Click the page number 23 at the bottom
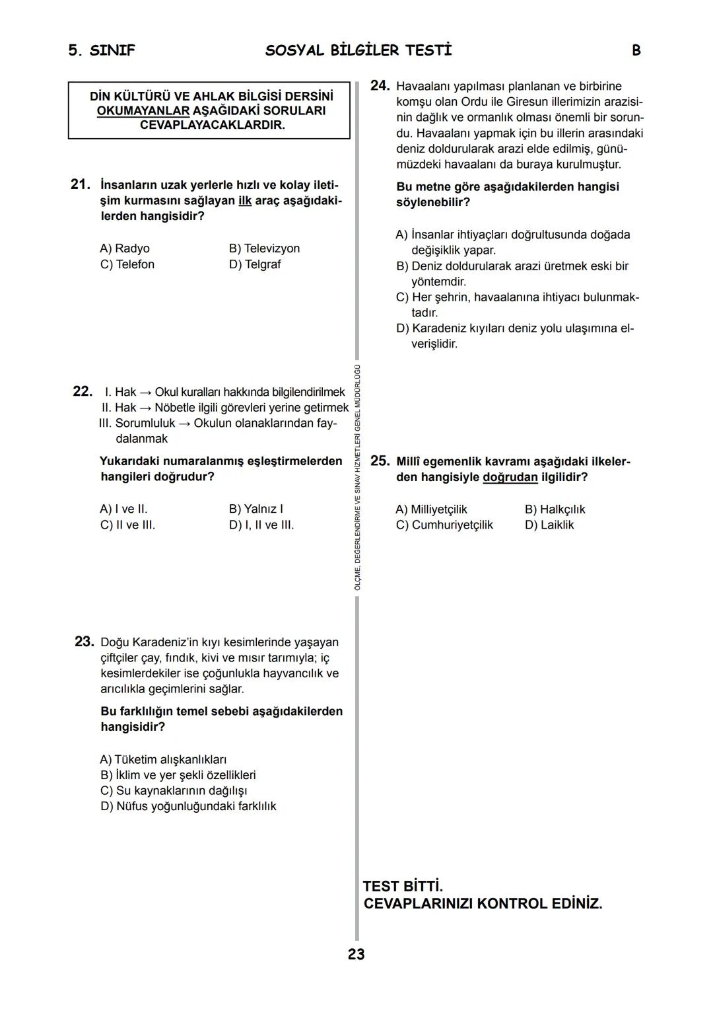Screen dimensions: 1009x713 coord(356,954)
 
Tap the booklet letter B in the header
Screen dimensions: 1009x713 coord(636,51)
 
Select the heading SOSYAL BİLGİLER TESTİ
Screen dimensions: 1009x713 coord(358,51)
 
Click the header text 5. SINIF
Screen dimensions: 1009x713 coord(102,51)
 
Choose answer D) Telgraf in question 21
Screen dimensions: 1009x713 coord(255,264)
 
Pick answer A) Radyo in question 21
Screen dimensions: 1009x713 coord(125,248)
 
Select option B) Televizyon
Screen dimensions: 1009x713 coord(264,248)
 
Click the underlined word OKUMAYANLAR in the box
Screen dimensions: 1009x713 coord(143,110)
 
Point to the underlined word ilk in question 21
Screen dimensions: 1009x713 coord(245,200)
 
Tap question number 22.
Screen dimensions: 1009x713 coord(82,391)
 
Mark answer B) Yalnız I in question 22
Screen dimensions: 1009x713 coord(255,509)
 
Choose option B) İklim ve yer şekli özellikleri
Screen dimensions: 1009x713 coord(178,775)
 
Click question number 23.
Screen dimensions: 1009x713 coord(84,642)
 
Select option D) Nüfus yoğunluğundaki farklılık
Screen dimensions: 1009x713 coord(188,806)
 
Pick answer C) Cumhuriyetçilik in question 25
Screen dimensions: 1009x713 coord(444,525)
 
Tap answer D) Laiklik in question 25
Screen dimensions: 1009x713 coord(549,525)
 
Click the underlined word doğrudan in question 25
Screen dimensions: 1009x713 coord(510,477)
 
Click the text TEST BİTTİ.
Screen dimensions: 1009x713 coord(403,886)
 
